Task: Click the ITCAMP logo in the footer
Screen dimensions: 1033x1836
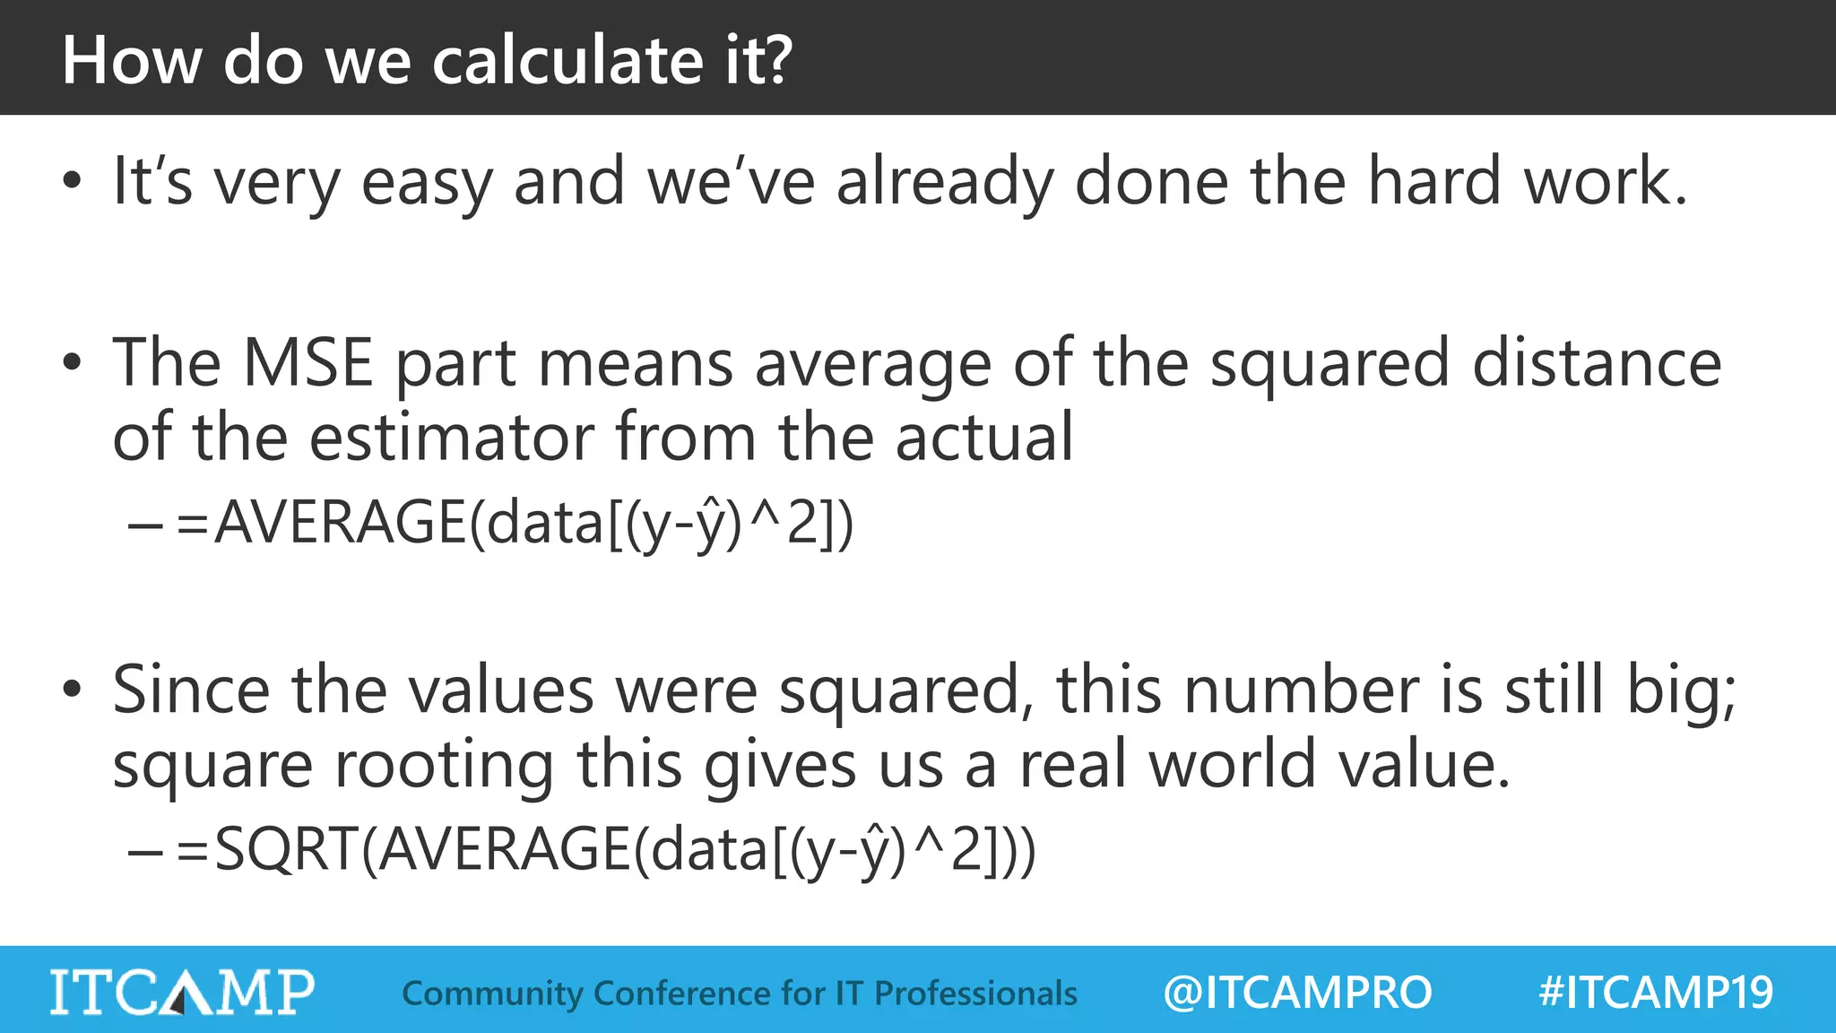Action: [182, 991]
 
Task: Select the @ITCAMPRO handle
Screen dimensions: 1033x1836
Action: [1297, 992]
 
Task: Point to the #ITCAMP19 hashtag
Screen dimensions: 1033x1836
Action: [1656, 992]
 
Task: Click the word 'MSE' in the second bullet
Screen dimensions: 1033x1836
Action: [307, 362]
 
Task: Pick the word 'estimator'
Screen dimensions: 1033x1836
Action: [451, 437]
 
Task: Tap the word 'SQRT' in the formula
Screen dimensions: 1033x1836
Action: [287, 849]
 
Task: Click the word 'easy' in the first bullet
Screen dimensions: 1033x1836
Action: [427, 183]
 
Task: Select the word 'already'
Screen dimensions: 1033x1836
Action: [944, 183]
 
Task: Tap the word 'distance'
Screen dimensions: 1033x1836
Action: [1597, 362]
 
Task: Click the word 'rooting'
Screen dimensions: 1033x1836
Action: [444, 766]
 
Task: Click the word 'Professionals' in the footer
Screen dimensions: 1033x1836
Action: [975, 993]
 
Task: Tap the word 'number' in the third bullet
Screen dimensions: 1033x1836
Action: [1301, 690]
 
